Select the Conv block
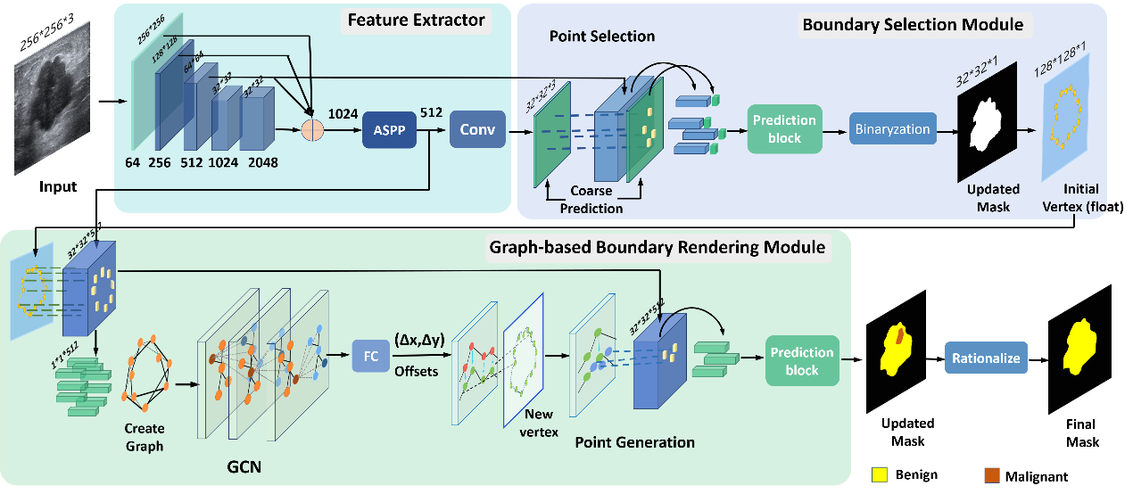click(477, 129)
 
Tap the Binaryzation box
click(892, 129)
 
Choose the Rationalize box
click(986, 359)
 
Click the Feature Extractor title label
click(417, 21)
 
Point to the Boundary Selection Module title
click(913, 24)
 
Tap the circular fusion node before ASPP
click(312, 129)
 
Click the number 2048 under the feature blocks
click(264, 162)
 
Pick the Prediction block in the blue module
click(784, 129)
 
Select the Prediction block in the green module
click(802, 361)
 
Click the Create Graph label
click(145, 437)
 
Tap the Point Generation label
click(634, 441)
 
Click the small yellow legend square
click(880, 474)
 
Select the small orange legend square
click(991, 474)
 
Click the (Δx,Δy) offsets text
click(418, 339)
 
